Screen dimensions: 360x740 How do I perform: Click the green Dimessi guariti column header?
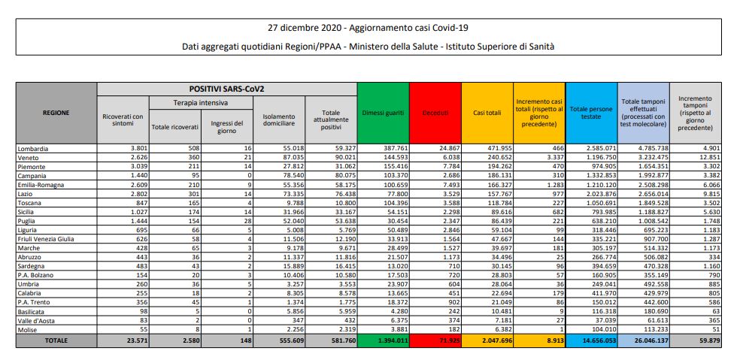383,113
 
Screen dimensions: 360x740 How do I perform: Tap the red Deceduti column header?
435,113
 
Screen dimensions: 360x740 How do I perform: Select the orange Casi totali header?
487,113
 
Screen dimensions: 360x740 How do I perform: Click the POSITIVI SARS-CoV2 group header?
226,89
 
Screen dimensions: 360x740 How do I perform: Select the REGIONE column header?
56,113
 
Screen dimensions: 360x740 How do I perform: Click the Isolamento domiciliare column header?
279,120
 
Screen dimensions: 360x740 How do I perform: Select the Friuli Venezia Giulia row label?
47,238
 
